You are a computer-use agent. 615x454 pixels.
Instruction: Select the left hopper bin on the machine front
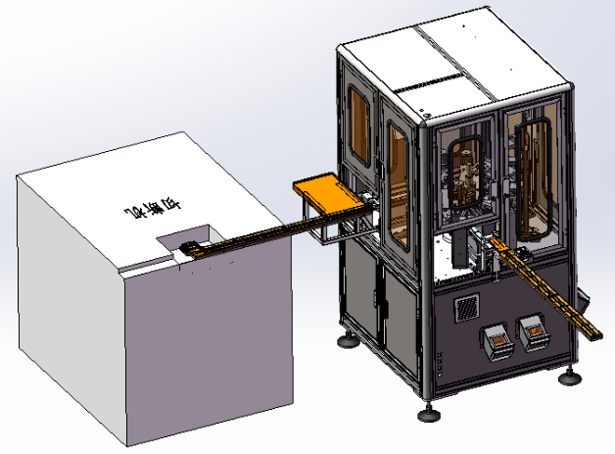(x=497, y=339)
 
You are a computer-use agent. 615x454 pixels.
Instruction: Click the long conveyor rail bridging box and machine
(x=264, y=235)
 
